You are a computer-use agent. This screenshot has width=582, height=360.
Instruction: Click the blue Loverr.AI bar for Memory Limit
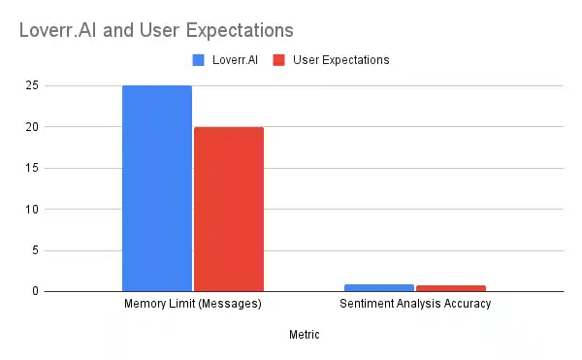(156, 188)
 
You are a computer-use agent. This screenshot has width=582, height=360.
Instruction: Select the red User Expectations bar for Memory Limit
(229, 209)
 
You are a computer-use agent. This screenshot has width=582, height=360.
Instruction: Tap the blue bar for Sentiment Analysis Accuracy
(378, 287)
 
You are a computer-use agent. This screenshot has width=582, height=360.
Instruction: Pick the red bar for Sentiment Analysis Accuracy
(450, 288)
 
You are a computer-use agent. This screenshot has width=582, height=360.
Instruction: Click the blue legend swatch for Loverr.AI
(198, 60)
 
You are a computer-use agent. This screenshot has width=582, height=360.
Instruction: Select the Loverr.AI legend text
(232, 60)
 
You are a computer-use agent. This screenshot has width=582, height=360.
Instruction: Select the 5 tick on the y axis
(35, 250)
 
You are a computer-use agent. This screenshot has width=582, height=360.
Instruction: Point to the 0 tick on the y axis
(35, 291)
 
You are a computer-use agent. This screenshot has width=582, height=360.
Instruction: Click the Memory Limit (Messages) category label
(193, 304)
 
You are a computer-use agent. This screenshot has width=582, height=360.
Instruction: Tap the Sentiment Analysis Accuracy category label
(415, 304)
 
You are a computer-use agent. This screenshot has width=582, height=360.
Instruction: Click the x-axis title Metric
(304, 335)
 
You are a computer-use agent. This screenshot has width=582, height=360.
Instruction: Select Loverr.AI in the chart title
(56, 31)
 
